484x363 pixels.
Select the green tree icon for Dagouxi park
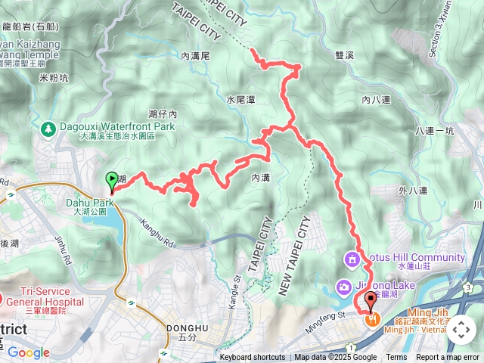click(49, 129)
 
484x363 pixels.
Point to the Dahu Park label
click(93, 203)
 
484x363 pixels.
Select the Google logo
click(28, 352)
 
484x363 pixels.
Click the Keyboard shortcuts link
click(253, 358)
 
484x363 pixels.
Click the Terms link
click(396, 358)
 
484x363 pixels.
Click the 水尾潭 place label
click(240, 99)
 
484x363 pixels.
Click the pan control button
click(461, 330)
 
